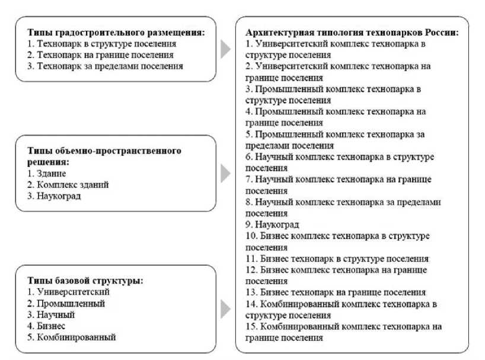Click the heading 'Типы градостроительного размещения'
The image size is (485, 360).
[116, 33]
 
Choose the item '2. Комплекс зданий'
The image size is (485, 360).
[68, 185]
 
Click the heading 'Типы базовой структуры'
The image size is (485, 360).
[86, 281]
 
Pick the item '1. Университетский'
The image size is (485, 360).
[69, 292]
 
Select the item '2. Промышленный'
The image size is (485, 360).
[66, 303]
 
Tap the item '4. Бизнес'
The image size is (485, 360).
[46, 326]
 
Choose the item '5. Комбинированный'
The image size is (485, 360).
[72, 337]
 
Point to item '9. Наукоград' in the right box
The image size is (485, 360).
[272, 225]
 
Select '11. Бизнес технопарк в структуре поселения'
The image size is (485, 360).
[336, 259]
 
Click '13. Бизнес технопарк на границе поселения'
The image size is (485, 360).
[335, 292]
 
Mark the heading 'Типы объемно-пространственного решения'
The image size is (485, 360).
[104, 157]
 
